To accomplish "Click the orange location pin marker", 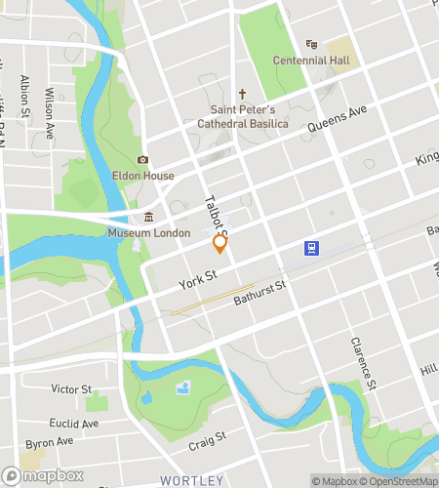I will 219,244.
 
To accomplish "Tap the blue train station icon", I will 311,248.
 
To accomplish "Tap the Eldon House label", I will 142,176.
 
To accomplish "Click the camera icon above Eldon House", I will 142,160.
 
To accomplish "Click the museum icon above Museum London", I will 149,218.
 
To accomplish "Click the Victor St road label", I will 70,388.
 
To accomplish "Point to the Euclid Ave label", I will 74,424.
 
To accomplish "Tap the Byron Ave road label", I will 44,442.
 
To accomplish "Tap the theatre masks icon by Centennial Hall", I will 311,45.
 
